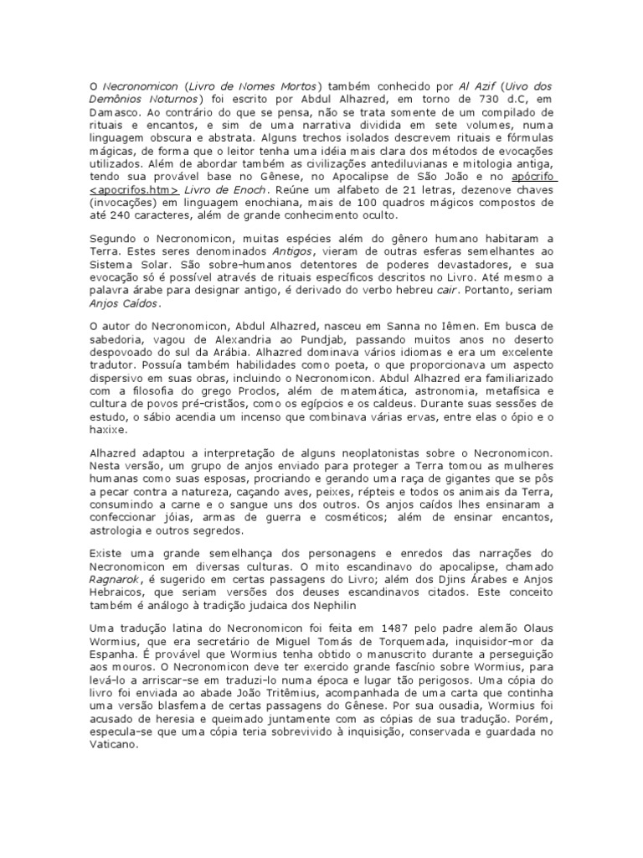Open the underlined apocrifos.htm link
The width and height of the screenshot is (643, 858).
coord(135,190)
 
